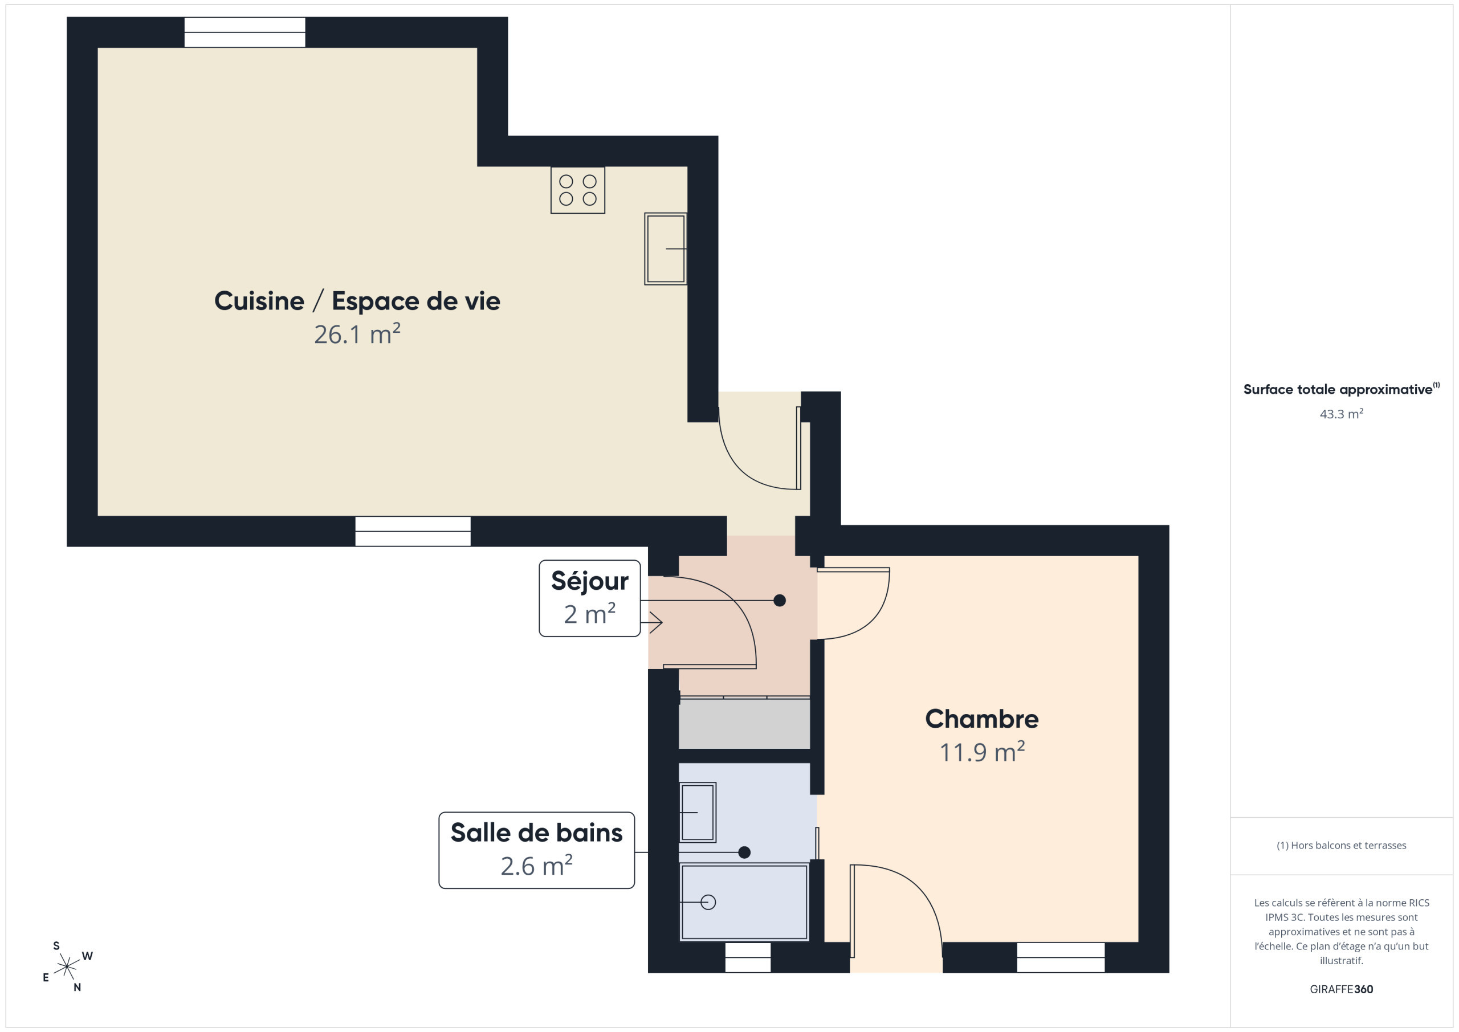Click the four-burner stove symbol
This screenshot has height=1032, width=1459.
click(x=578, y=190)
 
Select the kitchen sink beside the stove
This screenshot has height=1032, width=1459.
click(x=665, y=248)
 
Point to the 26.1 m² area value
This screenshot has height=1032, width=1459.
click(x=357, y=335)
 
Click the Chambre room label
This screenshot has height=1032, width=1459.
click(x=982, y=719)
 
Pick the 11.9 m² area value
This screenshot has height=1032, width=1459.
click(x=982, y=752)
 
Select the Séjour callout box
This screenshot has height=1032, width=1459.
click(x=590, y=598)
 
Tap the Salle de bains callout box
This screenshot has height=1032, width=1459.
click(x=536, y=850)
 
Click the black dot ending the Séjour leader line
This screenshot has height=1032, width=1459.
click(x=780, y=601)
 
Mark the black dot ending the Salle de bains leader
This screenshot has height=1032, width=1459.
click(x=745, y=852)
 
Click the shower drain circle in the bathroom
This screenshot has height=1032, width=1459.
click(x=708, y=903)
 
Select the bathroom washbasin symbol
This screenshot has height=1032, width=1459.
click(x=698, y=812)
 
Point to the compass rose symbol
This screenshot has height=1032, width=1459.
click(x=67, y=967)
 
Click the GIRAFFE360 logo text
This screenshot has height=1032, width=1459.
click(x=1342, y=989)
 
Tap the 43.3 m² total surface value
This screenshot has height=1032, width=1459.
click(x=1342, y=414)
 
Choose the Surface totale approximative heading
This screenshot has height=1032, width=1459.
click(x=1342, y=389)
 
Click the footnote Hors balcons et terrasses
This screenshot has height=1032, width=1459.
click(x=1342, y=845)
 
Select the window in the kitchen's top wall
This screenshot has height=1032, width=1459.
click(x=244, y=32)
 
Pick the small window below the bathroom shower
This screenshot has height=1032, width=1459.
click(x=748, y=957)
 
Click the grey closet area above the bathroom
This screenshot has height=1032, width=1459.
click(x=744, y=724)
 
